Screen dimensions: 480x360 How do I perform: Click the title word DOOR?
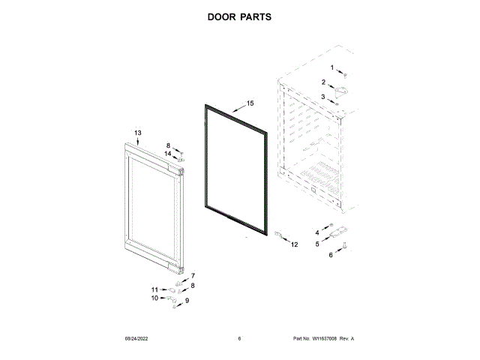click(x=222, y=16)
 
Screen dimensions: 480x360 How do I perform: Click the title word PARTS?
click(x=256, y=16)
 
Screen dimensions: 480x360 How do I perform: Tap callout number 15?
click(x=250, y=103)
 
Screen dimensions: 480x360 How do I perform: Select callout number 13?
click(x=138, y=133)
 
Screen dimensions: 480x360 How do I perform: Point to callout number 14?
click(x=169, y=154)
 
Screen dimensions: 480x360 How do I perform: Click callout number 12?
click(x=294, y=244)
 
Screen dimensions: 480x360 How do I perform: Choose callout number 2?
click(x=324, y=82)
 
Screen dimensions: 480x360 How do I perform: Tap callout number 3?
click(x=323, y=97)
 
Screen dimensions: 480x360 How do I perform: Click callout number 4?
click(x=317, y=232)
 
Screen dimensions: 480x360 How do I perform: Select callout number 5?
click(x=317, y=244)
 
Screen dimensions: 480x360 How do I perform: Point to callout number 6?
click(x=331, y=255)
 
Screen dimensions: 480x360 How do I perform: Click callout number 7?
click(x=193, y=275)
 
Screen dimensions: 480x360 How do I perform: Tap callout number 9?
click(x=187, y=301)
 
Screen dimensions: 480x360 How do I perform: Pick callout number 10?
click(x=154, y=298)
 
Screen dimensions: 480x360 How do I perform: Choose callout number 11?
click(x=154, y=289)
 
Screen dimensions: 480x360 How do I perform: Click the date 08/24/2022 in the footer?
click(x=134, y=339)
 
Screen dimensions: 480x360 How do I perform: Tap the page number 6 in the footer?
click(x=239, y=339)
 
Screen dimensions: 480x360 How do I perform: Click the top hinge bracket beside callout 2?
click(x=341, y=91)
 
